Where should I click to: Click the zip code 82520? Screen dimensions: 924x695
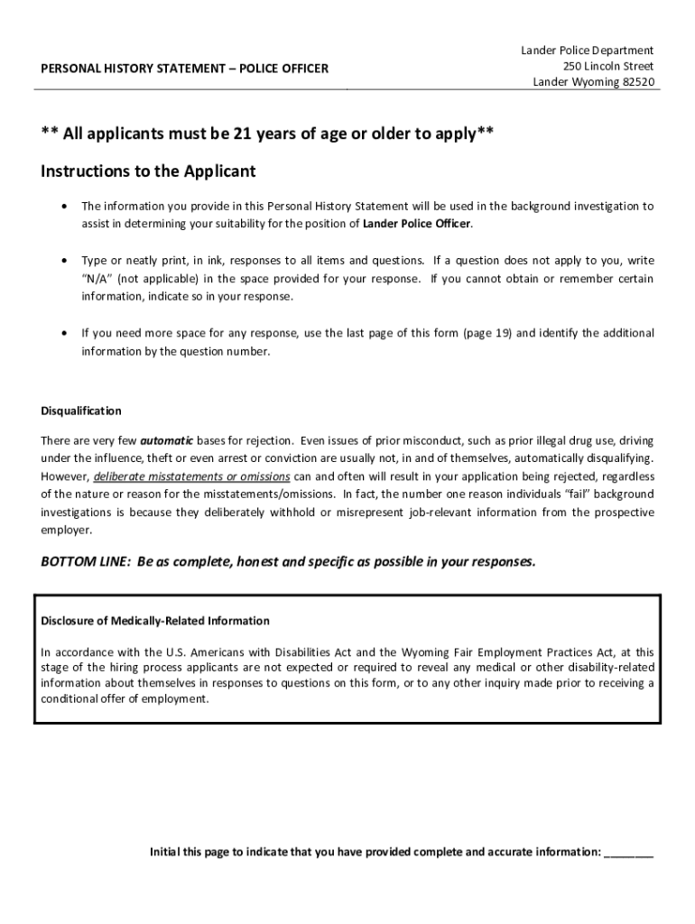click(637, 83)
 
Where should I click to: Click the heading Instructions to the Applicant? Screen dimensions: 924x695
click(149, 171)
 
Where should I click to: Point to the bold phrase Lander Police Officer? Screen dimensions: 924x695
click(417, 224)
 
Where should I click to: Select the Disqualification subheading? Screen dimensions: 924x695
click(81, 411)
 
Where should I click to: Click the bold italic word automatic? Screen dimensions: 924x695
click(167, 441)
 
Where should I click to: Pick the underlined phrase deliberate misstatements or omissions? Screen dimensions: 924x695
click(191, 476)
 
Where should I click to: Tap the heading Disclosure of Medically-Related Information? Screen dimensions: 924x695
click(155, 621)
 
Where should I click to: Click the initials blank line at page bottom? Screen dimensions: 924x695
click(628, 852)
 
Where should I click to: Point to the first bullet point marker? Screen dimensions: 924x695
click(62, 207)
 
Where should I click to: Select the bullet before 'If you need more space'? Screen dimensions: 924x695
click(62, 333)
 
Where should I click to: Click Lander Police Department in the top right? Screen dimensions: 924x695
click(587, 51)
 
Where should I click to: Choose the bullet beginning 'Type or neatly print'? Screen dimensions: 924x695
click(62, 260)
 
